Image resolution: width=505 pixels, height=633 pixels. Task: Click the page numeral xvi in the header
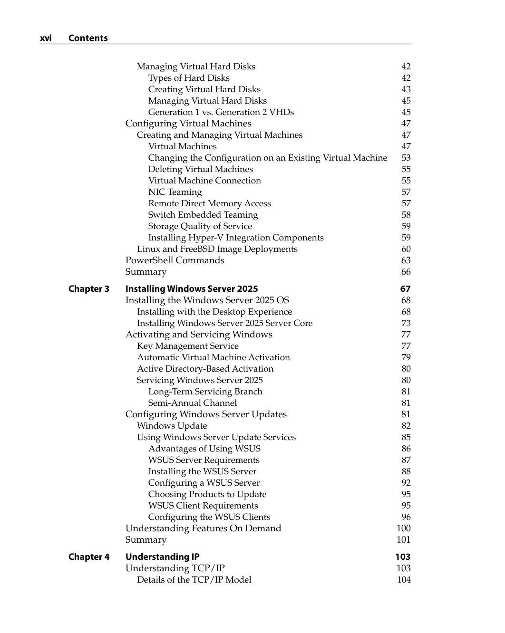46,38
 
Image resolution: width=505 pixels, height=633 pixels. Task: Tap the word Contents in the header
88,38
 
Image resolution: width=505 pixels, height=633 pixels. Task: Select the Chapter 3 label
89,289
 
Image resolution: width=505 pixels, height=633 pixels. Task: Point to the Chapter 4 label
89,557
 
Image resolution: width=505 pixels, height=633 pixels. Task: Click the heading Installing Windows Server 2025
192,289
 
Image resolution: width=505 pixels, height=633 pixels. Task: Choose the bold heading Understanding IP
163,557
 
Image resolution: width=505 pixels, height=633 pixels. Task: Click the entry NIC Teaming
175,192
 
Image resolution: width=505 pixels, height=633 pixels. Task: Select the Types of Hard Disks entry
189,78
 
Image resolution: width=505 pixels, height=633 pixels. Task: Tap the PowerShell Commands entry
175,260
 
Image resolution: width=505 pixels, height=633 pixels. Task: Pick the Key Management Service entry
188,346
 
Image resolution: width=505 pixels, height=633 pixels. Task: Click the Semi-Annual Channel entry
193,403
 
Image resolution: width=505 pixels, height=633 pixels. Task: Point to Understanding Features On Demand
203,528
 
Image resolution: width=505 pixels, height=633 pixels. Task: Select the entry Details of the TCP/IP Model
194,580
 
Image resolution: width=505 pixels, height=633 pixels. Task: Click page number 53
406,158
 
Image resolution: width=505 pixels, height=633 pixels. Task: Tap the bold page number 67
406,289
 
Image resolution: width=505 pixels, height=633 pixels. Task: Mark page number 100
404,528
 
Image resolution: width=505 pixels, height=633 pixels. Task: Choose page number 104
404,580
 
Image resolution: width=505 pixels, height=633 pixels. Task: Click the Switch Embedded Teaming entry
203,215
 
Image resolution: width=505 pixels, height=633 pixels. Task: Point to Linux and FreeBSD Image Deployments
217,249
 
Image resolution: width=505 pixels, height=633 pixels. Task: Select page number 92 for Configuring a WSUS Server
406,483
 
